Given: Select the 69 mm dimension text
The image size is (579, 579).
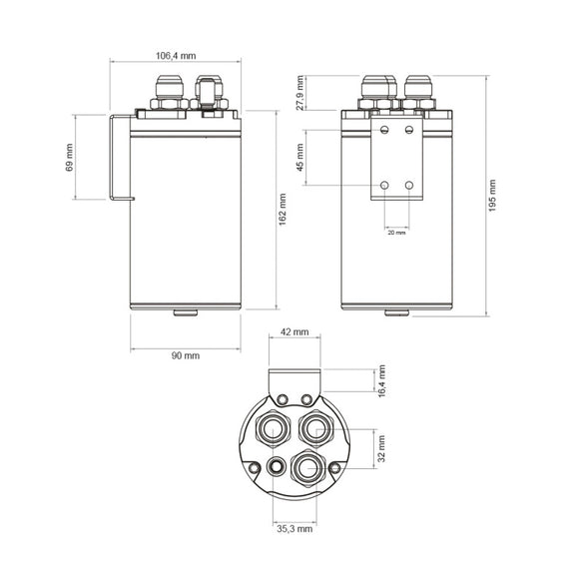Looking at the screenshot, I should point(70,158).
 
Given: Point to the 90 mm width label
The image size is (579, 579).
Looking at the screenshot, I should point(185,355).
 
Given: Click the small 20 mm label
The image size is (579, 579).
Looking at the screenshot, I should point(397,232).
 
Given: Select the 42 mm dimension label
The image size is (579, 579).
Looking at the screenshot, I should point(293,332).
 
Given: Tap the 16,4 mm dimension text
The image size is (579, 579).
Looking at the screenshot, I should point(381,380).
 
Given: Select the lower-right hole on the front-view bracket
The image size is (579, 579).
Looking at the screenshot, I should point(409,186).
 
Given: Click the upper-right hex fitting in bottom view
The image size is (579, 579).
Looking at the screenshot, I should point(315,429).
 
